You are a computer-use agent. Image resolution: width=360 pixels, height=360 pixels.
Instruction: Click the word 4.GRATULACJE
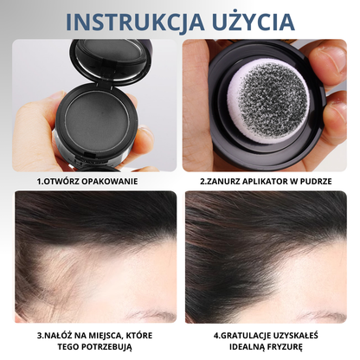[x=236, y=333]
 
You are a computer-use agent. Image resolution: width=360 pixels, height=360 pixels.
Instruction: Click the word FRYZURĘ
[x=297, y=346]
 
